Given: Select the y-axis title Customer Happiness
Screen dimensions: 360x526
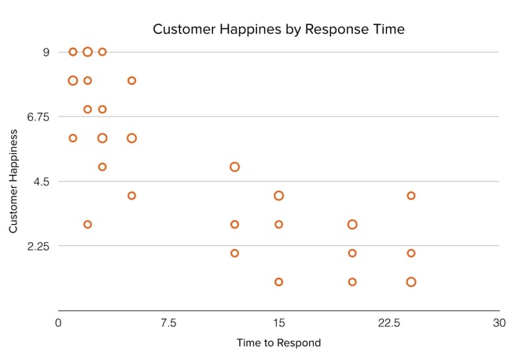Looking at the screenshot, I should [x=13, y=181].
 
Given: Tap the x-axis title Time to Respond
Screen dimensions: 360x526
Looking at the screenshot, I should [x=278, y=343].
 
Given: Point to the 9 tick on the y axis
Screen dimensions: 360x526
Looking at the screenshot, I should [x=46, y=52].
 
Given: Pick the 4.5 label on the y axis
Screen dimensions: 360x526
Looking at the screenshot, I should [x=42, y=182].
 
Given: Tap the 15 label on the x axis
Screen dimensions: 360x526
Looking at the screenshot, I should [x=278, y=323].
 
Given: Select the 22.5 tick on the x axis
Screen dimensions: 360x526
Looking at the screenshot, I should [x=388, y=323].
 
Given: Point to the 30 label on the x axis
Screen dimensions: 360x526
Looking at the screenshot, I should [x=498, y=323].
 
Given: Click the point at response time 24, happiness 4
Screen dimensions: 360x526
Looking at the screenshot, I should [x=410, y=196].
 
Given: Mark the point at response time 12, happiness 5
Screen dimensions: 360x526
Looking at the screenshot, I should [x=234, y=167].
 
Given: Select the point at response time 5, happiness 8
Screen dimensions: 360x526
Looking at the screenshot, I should [x=131, y=80].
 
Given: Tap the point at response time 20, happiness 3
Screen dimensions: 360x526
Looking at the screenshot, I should [x=352, y=224].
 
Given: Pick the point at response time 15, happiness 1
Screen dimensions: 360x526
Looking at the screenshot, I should [x=278, y=281].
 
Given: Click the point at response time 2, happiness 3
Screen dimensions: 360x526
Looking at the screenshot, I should [x=87, y=224].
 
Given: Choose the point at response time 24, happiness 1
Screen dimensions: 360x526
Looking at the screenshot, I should [x=410, y=281].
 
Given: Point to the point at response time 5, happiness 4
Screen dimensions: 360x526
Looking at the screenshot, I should [x=131, y=196].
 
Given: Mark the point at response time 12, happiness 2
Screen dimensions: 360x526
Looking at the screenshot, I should [x=234, y=253].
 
